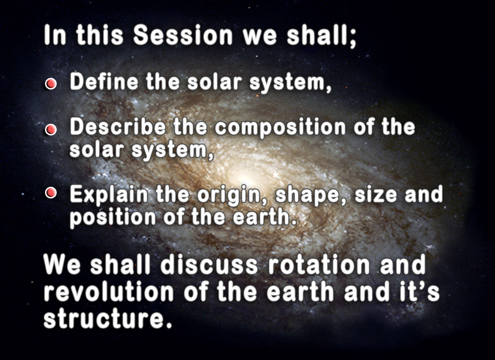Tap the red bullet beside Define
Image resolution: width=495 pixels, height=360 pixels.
click(51, 84)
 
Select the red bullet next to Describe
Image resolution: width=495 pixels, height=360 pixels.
click(51, 130)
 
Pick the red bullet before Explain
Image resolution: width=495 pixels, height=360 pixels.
click(51, 193)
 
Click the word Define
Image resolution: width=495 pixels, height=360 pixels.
click(104, 81)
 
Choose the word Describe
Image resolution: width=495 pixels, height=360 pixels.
click(118, 127)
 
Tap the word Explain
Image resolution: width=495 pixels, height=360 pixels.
click(109, 195)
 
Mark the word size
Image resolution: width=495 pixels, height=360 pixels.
click(376, 194)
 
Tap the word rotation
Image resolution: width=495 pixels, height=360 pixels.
click(319, 265)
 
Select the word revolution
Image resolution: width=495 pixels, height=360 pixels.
click(108, 292)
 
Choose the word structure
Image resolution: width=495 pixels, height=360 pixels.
click(108, 318)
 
